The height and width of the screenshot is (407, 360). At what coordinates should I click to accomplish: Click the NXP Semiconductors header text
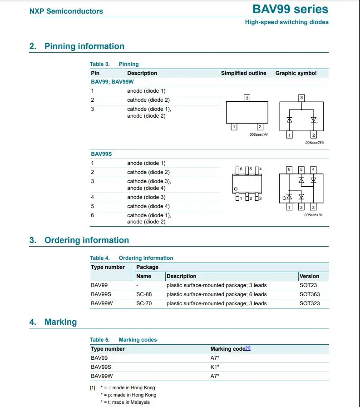click(66, 11)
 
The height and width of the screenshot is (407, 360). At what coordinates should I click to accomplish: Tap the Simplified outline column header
click(243, 73)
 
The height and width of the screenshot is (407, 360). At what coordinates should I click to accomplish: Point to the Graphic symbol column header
click(296, 73)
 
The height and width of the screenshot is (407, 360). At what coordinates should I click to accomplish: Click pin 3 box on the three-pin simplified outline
click(247, 98)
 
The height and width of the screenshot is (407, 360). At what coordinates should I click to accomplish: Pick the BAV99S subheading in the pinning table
click(101, 154)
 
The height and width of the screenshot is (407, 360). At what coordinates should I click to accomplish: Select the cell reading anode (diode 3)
click(146, 197)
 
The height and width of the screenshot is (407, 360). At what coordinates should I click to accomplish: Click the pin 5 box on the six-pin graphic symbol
click(301, 169)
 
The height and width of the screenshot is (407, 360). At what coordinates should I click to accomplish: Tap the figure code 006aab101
click(313, 214)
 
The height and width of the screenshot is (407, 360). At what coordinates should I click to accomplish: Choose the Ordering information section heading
click(86, 240)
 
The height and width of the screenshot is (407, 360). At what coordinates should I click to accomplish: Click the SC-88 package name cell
click(144, 294)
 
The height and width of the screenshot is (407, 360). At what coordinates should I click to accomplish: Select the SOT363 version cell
click(309, 294)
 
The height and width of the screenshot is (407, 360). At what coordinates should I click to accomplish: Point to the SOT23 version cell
click(308, 285)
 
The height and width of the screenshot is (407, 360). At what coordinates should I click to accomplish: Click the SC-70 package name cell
click(144, 303)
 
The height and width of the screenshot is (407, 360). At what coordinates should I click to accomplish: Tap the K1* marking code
click(215, 367)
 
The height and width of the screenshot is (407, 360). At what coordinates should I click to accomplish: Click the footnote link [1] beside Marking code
click(248, 348)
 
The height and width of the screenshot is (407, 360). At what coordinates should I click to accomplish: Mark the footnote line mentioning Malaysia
click(125, 402)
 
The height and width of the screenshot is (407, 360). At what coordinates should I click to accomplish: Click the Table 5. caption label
click(99, 340)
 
